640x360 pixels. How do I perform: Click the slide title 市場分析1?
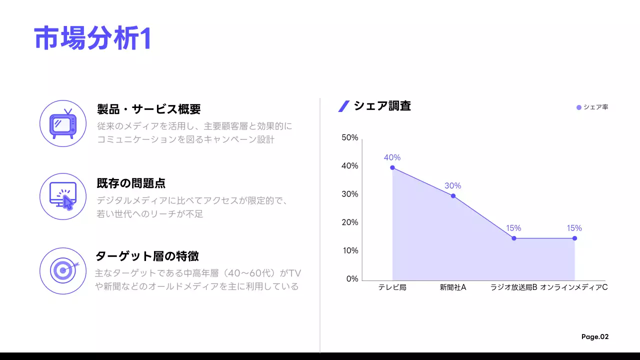point(92,38)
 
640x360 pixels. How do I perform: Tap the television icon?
point(63,123)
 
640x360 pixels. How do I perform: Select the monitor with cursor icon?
point(63,196)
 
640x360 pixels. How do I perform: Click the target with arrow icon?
point(63,270)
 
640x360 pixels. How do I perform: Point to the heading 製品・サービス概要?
point(148,109)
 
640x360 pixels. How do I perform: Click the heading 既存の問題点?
point(131,183)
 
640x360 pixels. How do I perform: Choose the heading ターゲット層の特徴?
point(147,256)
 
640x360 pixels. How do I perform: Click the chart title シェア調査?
point(382,106)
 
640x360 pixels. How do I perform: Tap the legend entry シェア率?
point(592,107)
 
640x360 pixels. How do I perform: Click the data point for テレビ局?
point(392,167)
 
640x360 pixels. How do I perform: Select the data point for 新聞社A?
point(453,196)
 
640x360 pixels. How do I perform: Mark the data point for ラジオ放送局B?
point(514,238)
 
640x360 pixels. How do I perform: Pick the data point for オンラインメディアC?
point(574,238)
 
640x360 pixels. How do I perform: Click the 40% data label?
point(392,157)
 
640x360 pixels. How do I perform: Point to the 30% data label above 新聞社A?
point(453,186)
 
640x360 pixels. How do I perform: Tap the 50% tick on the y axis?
point(350,137)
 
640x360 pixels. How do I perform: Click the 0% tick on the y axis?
point(352,279)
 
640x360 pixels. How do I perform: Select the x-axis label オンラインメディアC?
point(574,287)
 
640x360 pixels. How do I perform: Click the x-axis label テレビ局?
point(392,287)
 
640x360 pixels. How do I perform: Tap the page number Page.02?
point(595,337)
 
